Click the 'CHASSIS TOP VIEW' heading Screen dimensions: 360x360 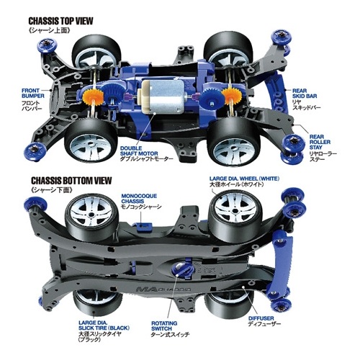[x=60, y=21]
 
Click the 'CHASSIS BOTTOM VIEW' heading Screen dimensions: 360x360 [x=71, y=180]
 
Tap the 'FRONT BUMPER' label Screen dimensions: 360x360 [x=33, y=93]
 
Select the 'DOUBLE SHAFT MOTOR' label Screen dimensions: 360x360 [x=139, y=150]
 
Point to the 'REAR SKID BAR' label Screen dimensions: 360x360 [x=305, y=94]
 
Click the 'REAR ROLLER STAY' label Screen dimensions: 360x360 [x=320, y=142]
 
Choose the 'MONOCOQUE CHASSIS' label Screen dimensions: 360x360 [x=139, y=199]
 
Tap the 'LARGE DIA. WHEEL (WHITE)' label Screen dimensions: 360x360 [x=244, y=179]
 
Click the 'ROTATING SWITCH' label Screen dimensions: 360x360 [x=164, y=325]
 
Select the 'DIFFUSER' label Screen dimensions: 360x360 [x=261, y=318]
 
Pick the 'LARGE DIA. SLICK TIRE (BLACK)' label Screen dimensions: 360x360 [x=104, y=325]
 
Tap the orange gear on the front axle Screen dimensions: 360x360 [x=93, y=96]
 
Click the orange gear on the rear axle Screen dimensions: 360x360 [x=231, y=95]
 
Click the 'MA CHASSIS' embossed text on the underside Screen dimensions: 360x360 [x=163, y=289]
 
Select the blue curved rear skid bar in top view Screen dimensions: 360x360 [x=276, y=92]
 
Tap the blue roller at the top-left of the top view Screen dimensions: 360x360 [x=45, y=45]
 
